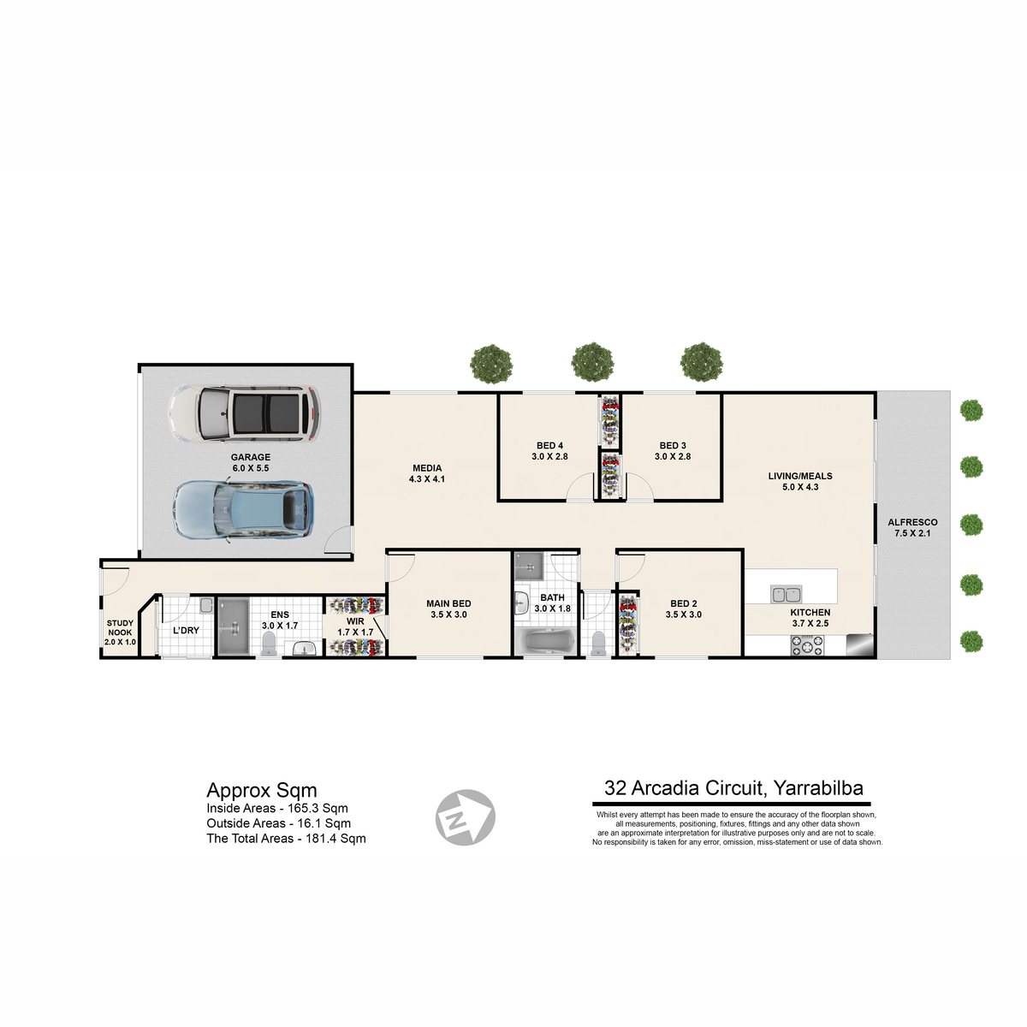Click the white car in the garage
point(244,413)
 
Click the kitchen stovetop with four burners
point(807,645)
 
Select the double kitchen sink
point(787,594)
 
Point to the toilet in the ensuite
point(268,644)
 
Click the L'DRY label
point(186,631)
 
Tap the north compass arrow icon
point(466,817)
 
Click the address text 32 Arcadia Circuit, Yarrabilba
point(733,787)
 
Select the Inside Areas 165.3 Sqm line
point(277,809)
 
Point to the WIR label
point(355,621)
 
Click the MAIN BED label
point(448,604)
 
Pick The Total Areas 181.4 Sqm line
point(286,839)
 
